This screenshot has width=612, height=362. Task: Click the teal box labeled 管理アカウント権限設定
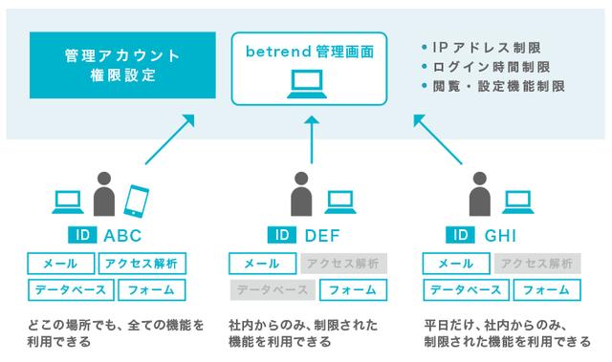tap(122, 65)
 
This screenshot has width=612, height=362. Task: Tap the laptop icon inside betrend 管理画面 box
tap(307, 84)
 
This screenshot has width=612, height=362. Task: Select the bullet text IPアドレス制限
tap(487, 48)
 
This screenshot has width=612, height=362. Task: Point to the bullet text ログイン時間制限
tap(492, 67)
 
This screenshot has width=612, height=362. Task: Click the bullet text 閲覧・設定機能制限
tap(499, 86)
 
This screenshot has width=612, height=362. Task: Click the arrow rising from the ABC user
tap(170, 139)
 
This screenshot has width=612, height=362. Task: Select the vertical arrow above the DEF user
tap(312, 139)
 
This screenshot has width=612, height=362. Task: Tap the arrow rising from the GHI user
tap(438, 139)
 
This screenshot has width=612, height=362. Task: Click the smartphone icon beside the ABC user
tap(136, 201)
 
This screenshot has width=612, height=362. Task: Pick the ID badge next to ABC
tap(82, 235)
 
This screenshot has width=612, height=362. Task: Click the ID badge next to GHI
tap(460, 235)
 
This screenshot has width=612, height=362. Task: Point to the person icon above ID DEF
tap(301, 194)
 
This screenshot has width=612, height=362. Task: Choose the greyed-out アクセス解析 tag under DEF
tap(343, 264)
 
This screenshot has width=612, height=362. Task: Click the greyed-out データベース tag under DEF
tap(273, 290)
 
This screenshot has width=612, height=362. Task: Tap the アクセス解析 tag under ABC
tap(142, 264)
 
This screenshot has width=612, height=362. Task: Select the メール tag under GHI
tap(456, 264)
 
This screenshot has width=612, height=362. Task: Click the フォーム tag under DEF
tap(353, 290)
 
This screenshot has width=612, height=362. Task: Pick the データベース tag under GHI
tap(466, 290)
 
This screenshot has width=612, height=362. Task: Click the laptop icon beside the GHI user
tap(518, 202)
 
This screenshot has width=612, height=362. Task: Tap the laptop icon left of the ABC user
tap(68, 202)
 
